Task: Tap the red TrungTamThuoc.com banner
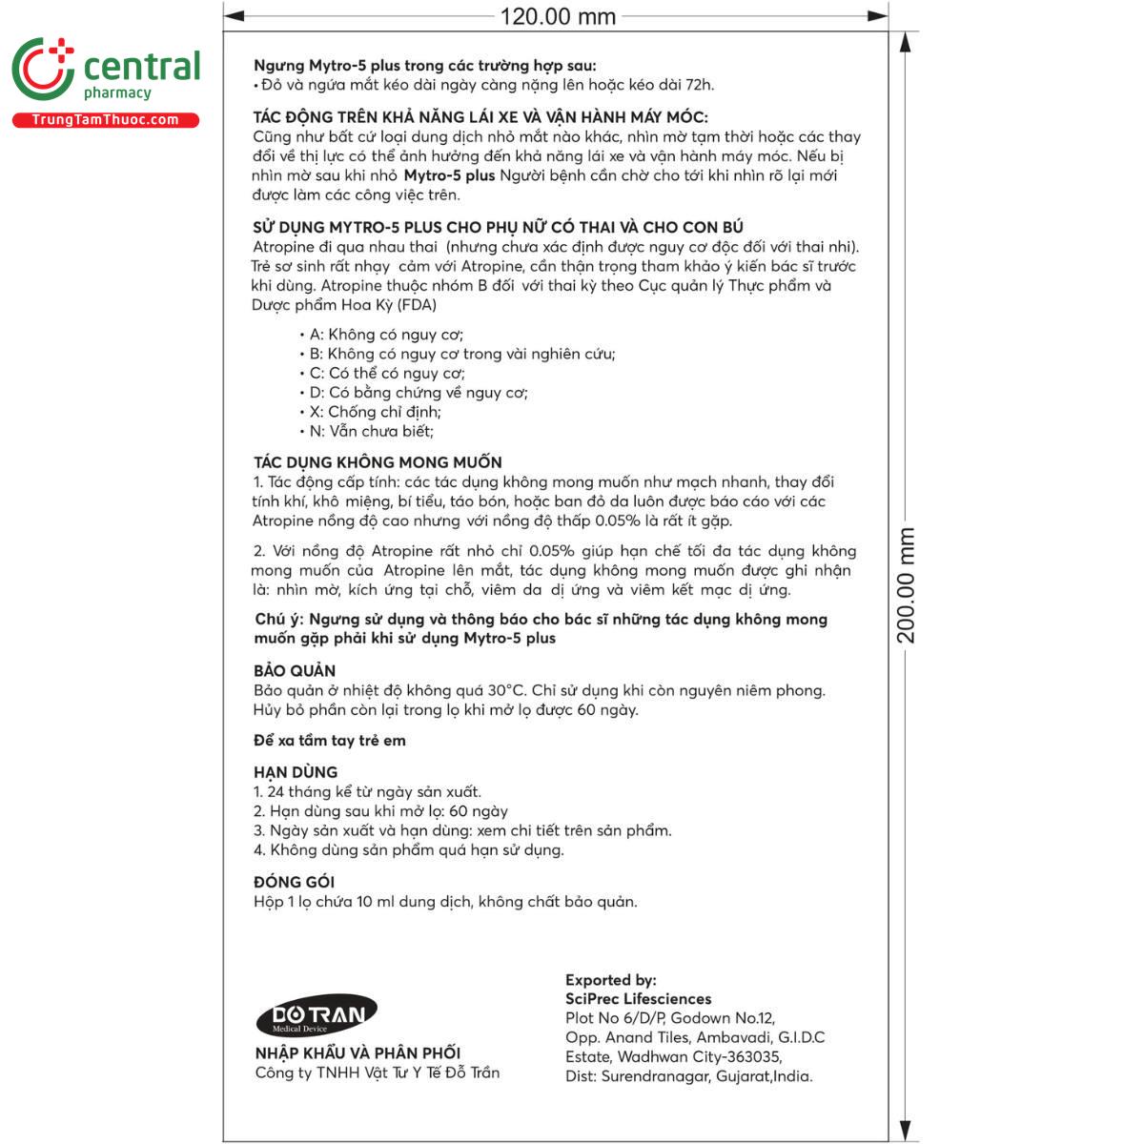pyautogui.click(x=105, y=120)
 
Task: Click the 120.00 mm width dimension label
pyautogui.click(x=558, y=16)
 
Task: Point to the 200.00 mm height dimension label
pyautogui.click(x=906, y=585)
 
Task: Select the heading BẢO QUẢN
pyautogui.click(x=295, y=670)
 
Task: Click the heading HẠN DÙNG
pyautogui.click(x=296, y=772)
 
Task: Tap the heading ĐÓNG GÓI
pyautogui.click(x=294, y=882)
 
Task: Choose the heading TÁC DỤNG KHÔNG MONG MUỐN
pyautogui.click(x=378, y=462)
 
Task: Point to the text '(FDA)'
pyautogui.click(x=417, y=305)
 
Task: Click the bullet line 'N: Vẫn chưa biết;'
pyautogui.click(x=371, y=431)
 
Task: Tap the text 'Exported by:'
pyautogui.click(x=610, y=980)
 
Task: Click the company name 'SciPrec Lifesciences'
pyautogui.click(x=638, y=999)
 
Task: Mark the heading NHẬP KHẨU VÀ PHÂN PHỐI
pyautogui.click(x=357, y=1053)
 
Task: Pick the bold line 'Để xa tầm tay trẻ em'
pyautogui.click(x=330, y=741)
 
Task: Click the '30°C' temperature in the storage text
pyautogui.click(x=506, y=690)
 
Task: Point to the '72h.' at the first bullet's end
pyautogui.click(x=699, y=85)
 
